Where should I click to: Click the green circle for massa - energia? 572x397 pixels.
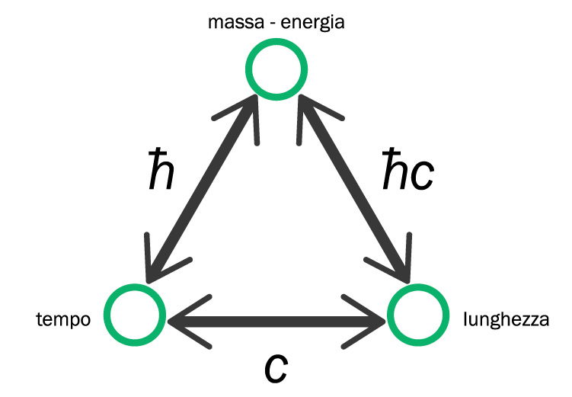coord(277,69)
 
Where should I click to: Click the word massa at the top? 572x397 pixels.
coord(229,22)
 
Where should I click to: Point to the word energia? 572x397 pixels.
coord(314,23)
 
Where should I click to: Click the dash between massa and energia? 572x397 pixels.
coord(267,23)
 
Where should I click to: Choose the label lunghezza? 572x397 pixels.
coord(506,319)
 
